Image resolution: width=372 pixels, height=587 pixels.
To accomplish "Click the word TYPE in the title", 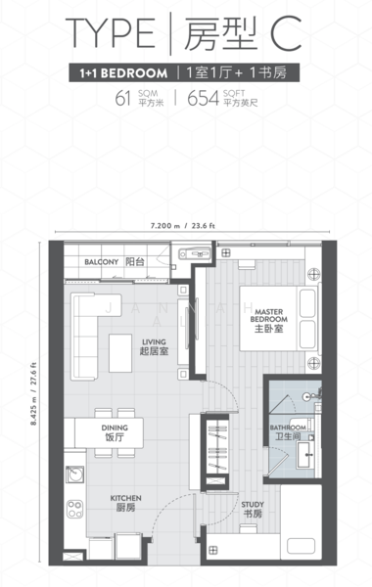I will click(x=110, y=33).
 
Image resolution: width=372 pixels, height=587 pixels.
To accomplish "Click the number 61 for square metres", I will click(x=122, y=97).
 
